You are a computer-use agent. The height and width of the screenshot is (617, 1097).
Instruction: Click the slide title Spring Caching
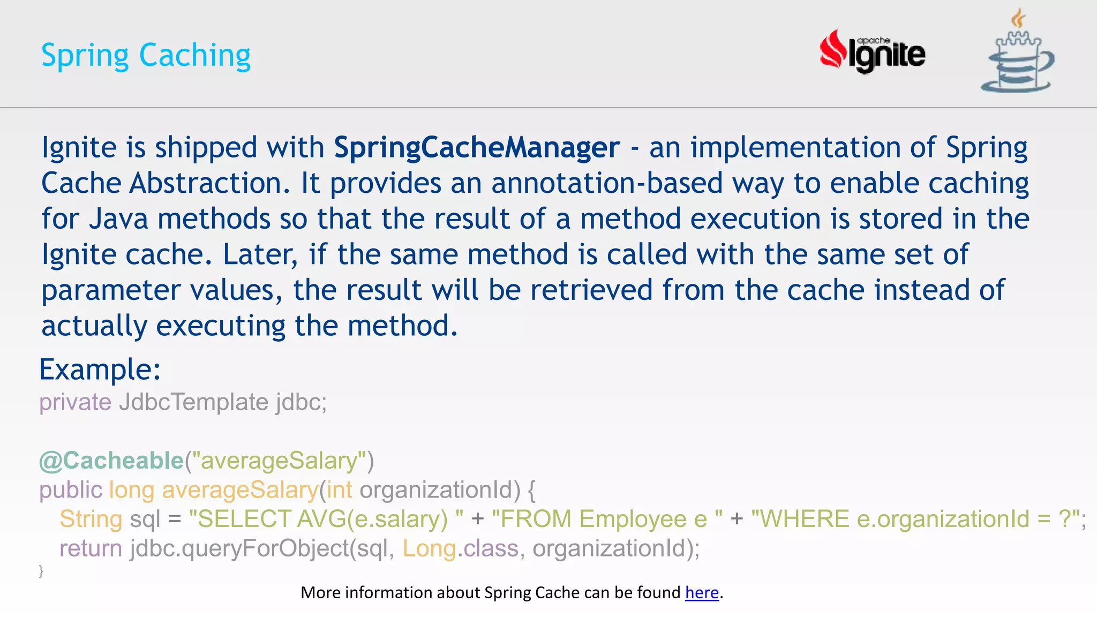coord(146,55)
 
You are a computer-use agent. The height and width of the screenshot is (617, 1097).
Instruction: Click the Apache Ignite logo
coord(872,52)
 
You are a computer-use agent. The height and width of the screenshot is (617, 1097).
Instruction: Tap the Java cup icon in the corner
coord(1017,54)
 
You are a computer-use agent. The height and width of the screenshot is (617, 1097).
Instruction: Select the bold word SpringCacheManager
coord(477,147)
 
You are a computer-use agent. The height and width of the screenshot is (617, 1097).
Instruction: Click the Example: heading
coord(100,370)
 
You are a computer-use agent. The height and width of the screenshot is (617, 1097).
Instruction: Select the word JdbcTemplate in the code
coord(193,402)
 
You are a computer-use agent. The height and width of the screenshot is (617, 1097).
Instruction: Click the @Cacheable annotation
coord(111,461)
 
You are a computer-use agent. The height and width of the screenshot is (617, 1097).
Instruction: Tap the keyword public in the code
coord(70,490)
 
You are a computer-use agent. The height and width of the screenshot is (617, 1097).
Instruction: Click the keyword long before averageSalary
coord(131,490)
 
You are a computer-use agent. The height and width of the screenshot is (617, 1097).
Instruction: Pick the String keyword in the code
coord(91,519)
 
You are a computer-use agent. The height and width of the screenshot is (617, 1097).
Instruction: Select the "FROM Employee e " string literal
coord(607,519)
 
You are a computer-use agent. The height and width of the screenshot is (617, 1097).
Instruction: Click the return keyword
coord(91,548)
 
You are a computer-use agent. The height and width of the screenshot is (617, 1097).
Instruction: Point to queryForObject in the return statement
coord(265,548)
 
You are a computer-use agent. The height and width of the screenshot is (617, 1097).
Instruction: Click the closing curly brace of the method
coord(41,571)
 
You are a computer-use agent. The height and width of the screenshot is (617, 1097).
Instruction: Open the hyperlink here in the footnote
coord(702,592)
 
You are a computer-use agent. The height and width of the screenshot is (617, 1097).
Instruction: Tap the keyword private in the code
coord(75,402)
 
